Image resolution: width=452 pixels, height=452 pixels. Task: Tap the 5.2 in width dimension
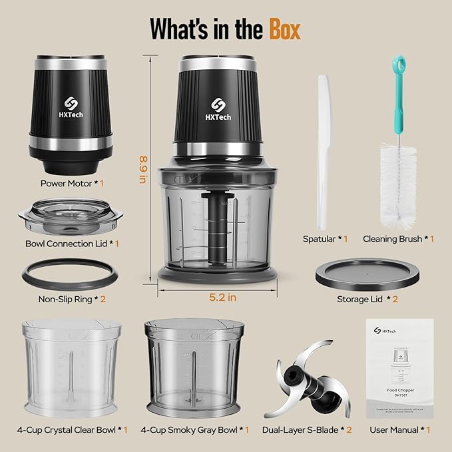[x=222, y=298]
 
